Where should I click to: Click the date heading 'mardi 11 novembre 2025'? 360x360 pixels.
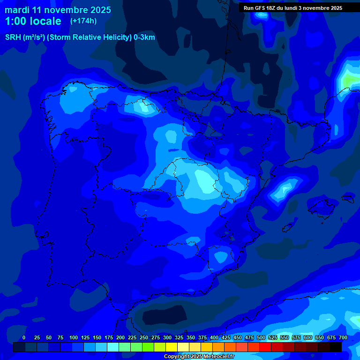coord(58,10)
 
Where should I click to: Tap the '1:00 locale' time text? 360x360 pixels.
coord(33,21)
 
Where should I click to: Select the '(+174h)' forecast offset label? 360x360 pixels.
coord(83,21)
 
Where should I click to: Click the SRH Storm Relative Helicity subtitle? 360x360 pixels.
coord(80,37)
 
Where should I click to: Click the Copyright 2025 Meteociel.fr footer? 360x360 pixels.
coord(199,357)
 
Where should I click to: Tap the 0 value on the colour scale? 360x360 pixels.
coord(24,337)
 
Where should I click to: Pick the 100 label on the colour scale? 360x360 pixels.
coord(74,337)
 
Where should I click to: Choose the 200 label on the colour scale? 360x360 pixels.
coord(120,337)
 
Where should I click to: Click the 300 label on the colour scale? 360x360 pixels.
coord(167,337)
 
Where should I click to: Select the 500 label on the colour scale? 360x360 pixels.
coord(261,337)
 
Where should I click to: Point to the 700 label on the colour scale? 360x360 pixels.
coord(343,337)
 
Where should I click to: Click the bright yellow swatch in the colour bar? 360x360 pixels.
coord(171,347)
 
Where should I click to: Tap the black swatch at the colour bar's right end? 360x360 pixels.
coord(335,347)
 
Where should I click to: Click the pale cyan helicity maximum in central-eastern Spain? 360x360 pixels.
coord(204,182)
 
